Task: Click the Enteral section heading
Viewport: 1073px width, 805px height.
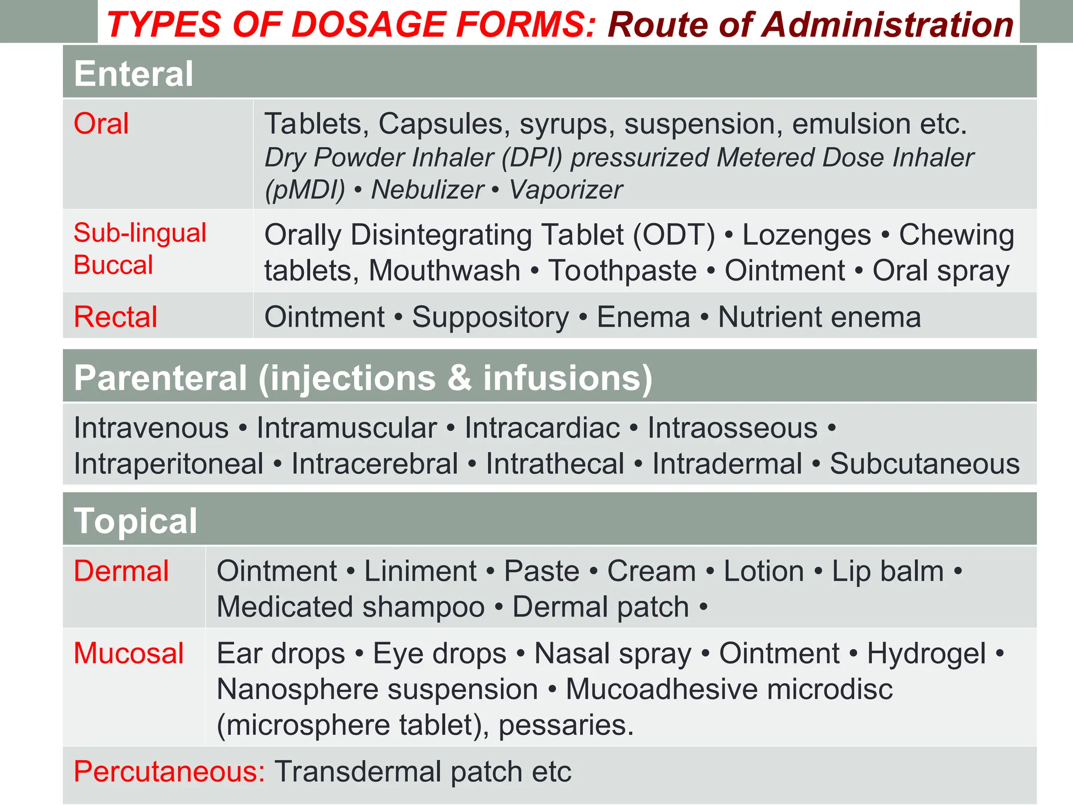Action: pos(134,73)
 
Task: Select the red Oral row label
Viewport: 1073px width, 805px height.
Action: pos(101,124)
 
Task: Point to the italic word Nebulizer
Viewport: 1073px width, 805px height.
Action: pos(427,190)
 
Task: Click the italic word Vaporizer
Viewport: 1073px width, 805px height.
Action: pos(566,190)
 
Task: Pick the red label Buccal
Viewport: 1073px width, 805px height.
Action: pos(113,265)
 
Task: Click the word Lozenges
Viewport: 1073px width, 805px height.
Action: pos(806,235)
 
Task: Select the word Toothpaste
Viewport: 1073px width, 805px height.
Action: pos(622,271)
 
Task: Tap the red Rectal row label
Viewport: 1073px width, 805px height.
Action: pos(115,317)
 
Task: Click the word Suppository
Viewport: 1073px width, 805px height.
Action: pos(490,318)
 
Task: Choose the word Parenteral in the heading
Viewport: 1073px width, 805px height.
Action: pos(160,378)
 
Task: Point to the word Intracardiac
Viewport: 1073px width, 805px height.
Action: pos(542,428)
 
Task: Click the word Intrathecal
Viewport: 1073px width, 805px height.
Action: pos(555,464)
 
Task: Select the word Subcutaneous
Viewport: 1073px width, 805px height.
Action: pos(925,464)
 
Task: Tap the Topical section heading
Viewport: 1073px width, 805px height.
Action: pos(136,521)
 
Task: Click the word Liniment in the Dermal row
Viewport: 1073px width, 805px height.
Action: pos(420,571)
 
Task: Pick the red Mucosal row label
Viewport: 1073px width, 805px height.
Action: pos(128,654)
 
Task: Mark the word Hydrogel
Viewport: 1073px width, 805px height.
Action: pos(926,655)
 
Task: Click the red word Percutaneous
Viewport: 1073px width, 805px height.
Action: pos(169,771)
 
